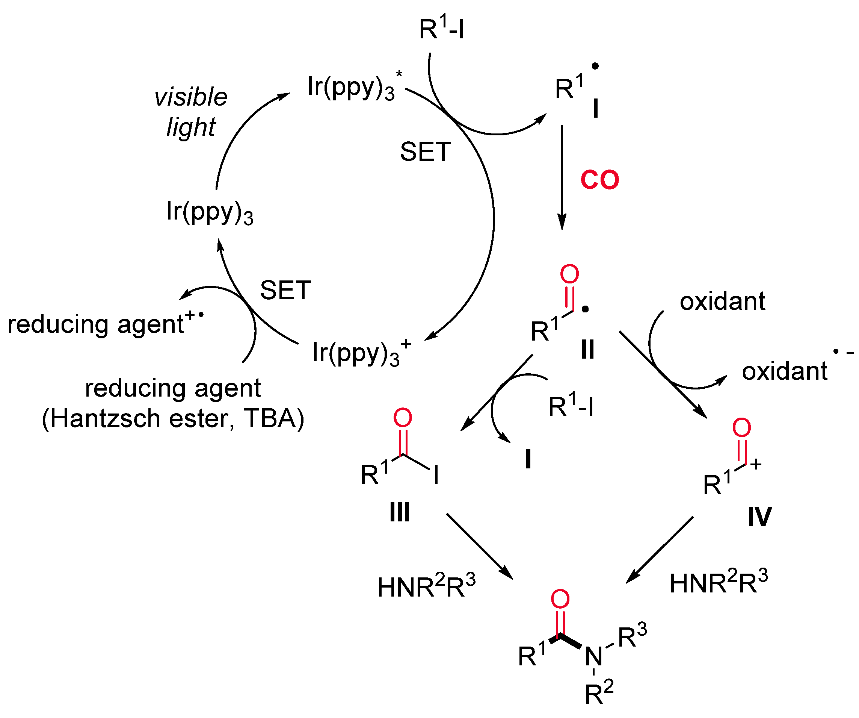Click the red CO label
coord(600,180)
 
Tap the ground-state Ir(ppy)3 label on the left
coord(210,212)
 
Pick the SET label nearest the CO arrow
coord(426,152)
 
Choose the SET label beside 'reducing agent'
coord(285,290)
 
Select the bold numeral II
coord(588,350)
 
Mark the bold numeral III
coord(400,512)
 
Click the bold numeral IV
coord(759,517)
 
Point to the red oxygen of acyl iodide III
coord(403,418)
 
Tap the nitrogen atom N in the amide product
coord(593,657)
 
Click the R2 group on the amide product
coord(599,692)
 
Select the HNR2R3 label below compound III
coord(426,586)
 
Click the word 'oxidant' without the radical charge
coord(722,302)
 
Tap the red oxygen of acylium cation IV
coord(741,428)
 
